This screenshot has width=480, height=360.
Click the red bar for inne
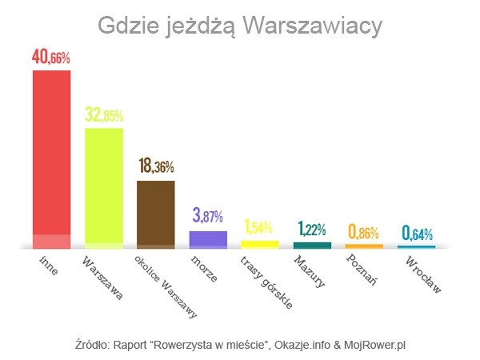51,156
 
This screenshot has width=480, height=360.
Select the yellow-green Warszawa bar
104,185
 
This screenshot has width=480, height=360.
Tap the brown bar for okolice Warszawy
156,212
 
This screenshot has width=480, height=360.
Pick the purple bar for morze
208,238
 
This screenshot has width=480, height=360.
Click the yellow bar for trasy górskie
260,243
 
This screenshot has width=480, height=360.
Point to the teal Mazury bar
312,244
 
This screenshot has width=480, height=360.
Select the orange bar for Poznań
364,245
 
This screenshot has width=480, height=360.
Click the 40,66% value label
51,58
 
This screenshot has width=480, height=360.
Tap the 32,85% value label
104,114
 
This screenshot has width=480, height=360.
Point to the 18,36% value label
156,166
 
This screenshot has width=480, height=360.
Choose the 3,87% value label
208,216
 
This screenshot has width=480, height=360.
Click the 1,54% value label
260,226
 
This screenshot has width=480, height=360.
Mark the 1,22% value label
312,230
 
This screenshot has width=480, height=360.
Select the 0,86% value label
364,232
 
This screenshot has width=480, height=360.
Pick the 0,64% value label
417,233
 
